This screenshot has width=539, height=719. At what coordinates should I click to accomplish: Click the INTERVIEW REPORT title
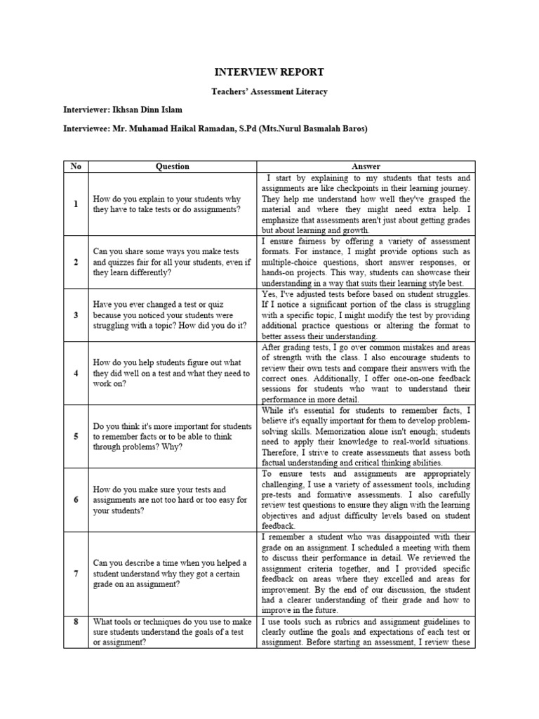(269, 72)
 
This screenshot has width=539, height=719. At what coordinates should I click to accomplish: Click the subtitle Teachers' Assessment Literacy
(269, 92)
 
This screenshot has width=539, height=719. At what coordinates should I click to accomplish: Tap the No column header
(76, 166)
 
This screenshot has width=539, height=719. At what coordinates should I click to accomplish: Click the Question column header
(172, 166)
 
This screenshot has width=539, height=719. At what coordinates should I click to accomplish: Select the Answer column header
(366, 166)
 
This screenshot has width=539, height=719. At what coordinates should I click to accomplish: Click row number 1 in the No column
(76, 204)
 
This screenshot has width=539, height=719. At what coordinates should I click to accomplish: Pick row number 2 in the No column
(76, 262)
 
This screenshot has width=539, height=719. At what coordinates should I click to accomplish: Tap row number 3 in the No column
(76, 315)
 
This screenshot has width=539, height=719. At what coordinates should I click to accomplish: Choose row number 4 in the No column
(76, 374)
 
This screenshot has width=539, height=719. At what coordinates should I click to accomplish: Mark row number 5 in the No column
(76, 436)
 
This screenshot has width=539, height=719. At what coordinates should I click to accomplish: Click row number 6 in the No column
(76, 499)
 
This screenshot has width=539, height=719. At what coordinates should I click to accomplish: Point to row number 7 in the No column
(76, 574)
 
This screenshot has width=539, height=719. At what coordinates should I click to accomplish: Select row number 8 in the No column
(76, 621)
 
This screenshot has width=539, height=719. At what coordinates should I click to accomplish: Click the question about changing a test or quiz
(172, 315)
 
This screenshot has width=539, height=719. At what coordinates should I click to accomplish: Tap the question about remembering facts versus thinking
(172, 436)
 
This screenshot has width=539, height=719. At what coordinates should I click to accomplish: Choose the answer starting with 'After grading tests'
(366, 374)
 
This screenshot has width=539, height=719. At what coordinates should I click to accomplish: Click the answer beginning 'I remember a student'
(366, 574)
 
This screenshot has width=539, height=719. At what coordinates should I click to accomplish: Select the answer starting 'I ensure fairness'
(366, 262)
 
